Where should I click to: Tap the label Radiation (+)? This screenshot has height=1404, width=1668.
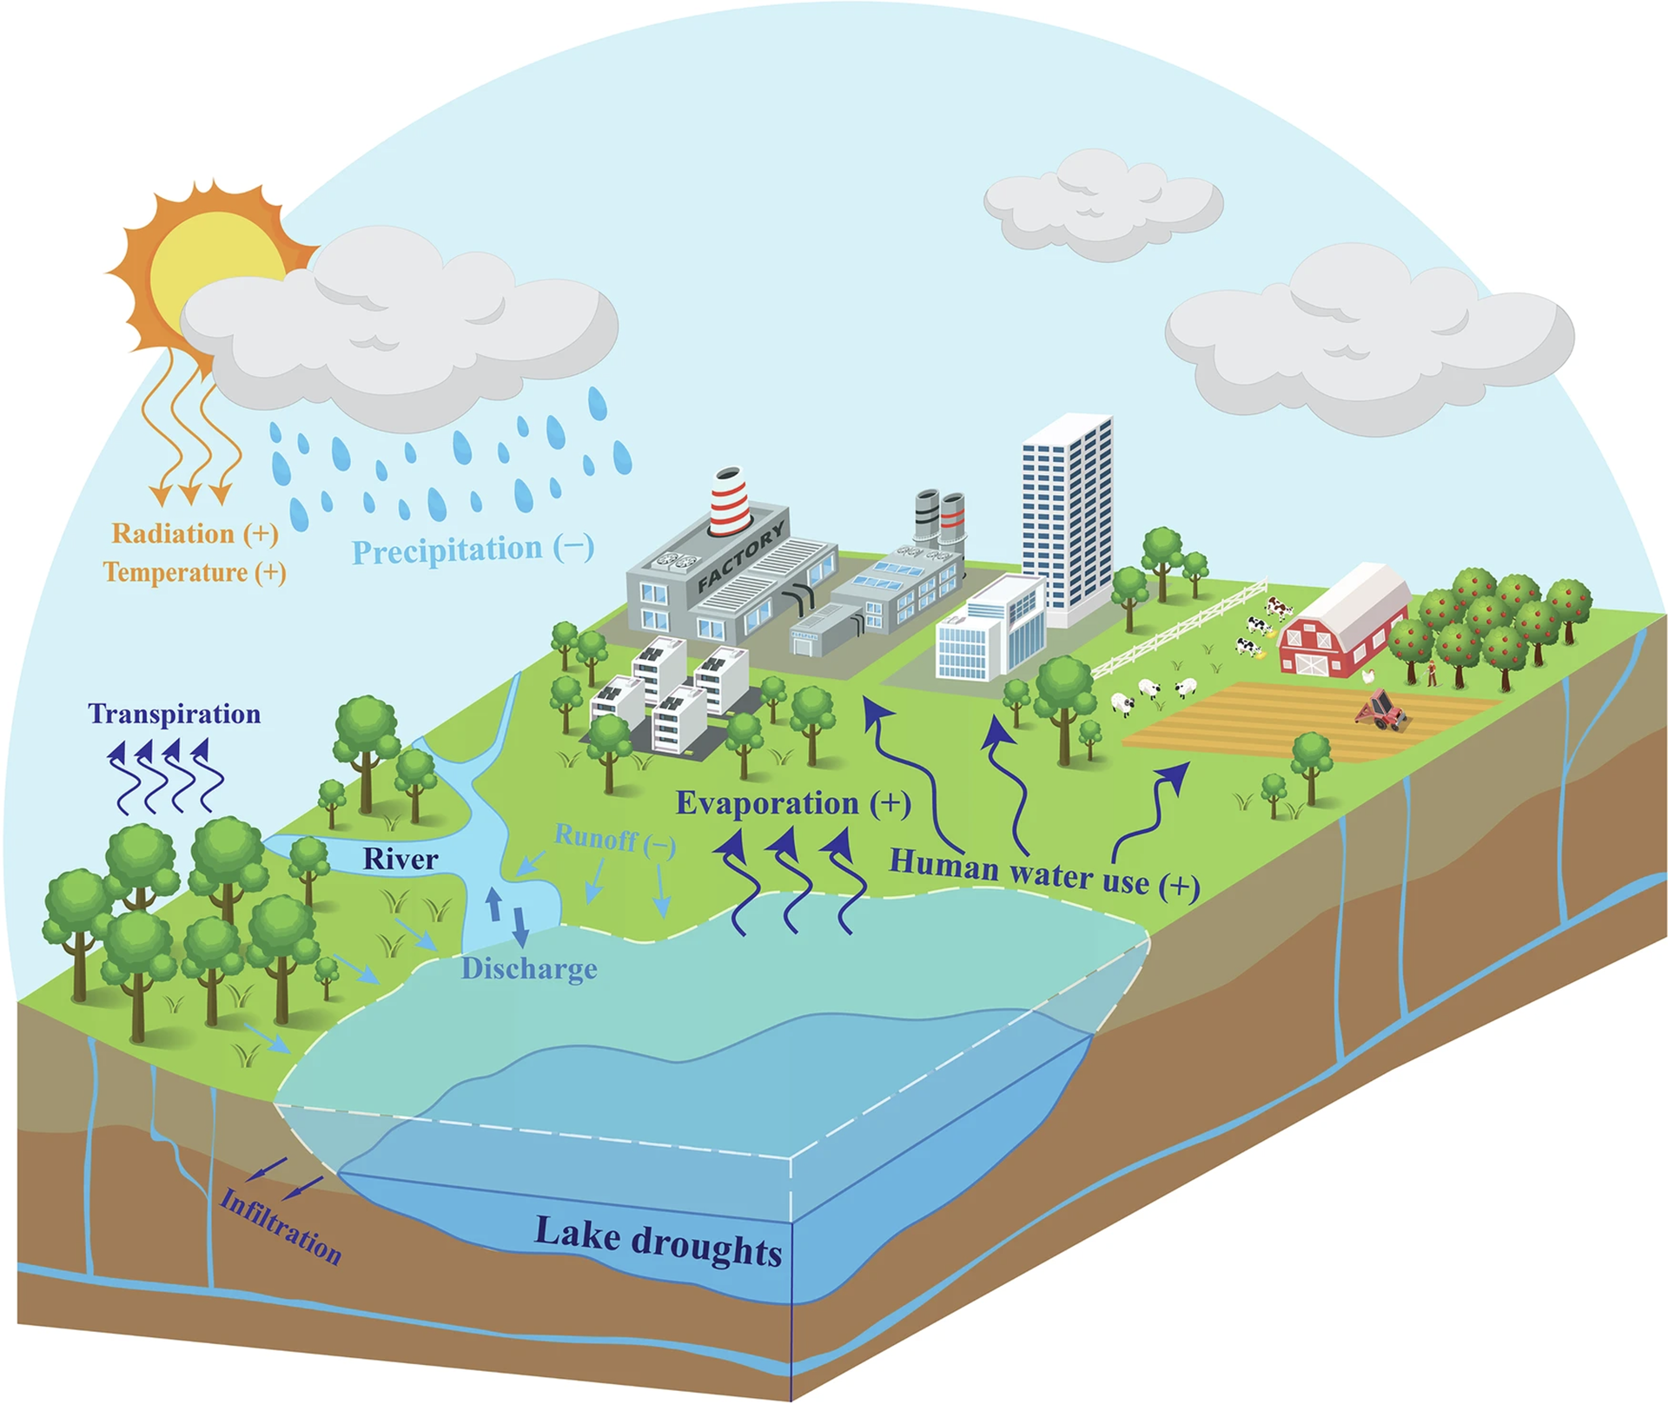pos(195,533)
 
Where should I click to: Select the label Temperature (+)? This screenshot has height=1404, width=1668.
pos(195,572)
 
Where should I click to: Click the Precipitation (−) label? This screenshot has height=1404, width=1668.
pos(473,550)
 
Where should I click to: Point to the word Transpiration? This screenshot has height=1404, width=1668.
pos(175,714)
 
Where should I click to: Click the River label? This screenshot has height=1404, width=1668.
pos(400,859)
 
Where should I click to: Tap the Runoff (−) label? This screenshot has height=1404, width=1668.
pos(614,840)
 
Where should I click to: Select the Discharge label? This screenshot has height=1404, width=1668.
pos(529,968)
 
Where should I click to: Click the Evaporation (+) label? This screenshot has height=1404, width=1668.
pos(793,803)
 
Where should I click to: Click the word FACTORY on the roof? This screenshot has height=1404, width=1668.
pos(741,556)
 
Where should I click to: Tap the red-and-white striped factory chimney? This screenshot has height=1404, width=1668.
pos(730,501)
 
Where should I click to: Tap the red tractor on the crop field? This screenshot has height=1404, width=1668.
pos(1381,710)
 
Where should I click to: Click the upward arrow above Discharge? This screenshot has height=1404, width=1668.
pos(493,904)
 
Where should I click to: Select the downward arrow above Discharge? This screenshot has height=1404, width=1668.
pos(520,926)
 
